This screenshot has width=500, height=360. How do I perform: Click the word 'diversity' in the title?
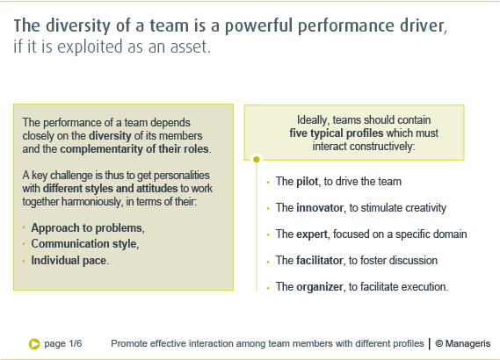pyautogui.click(x=78, y=25)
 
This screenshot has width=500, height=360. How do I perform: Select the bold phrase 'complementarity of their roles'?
pyautogui.click(x=134, y=149)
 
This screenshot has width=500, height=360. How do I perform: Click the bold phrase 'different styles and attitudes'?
pyautogui.click(x=110, y=188)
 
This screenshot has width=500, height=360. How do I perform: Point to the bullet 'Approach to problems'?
pyautogui.click(x=86, y=228)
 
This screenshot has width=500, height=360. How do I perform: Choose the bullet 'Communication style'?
pyautogui.click(x=83, y=244)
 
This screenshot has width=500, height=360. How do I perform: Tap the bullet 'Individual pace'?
pyautogui.click(x=69, y=260)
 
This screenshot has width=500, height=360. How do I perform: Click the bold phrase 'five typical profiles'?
pyautogui.click(x=336, y=133)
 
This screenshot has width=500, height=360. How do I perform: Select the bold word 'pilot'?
pyautogui.click(x=307, y=182)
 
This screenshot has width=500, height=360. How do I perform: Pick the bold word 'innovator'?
pyautogui.click(x=320, y=208)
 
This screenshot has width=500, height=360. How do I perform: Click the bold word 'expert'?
pyautogui.click(x=312, y=234)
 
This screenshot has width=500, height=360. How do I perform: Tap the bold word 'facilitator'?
pyautogui.click(x=319, y=260)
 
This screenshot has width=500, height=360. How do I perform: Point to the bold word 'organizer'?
pyautogui.click(x=320, y=287)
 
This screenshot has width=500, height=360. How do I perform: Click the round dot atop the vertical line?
pyautogui.click(x=257, y=159)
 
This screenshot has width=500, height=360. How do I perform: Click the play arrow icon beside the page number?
pyautogui.click(x=34, y=343)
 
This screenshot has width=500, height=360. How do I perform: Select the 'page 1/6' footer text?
pyautogui.click(x=63, y=343)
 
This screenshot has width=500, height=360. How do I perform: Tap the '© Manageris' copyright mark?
pyautogui.click(x=463, y=343)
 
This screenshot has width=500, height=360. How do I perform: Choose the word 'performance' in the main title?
pyautogui.click(x=345, y=26)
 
